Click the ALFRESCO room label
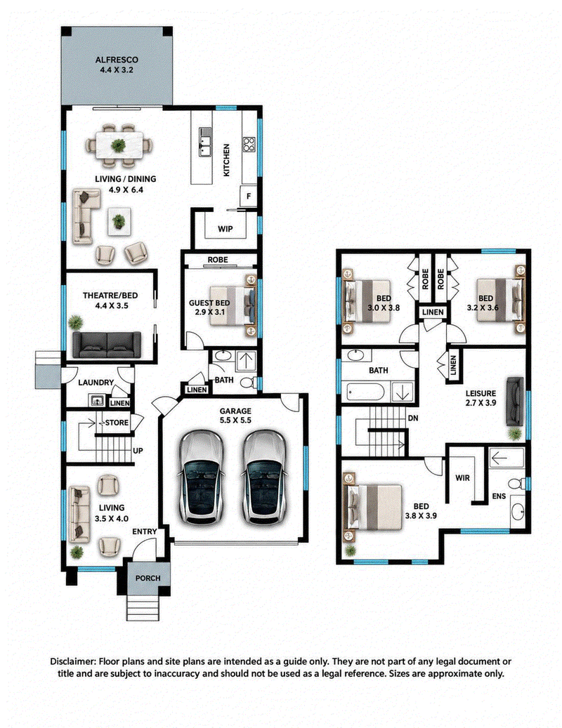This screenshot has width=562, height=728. tap(117, 60)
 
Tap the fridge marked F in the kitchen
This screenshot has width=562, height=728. tap(249, 197)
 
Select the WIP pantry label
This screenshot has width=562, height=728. tap(226, 229)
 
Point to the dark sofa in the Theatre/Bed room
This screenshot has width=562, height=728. tap(107, 345)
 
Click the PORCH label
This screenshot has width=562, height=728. tap(148, 578)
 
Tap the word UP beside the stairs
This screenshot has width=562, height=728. tap(138, 451)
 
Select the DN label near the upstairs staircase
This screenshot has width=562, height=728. tap(413, 418)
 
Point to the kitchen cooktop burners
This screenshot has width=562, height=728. tap(249, 145)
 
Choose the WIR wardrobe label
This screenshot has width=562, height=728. tap(462, 478)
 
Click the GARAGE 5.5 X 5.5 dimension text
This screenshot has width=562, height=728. tap(235, 416)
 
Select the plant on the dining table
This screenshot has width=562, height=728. tap(119, 145)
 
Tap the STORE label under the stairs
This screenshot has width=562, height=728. tap(117, 423)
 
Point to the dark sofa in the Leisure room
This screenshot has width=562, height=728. tap(515, 401)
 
